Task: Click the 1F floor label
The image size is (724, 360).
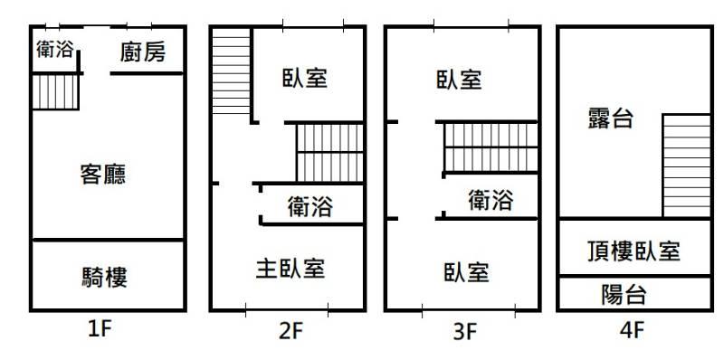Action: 100,329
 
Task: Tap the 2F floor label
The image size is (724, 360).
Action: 291,330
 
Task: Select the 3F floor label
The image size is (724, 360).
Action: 464,331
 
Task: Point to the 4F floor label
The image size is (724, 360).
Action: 632,329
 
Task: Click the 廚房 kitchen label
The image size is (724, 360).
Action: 143,52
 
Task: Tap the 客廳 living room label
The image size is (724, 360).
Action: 102,175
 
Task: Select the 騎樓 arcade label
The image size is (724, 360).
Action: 105,277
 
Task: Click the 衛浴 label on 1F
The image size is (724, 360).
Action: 55,49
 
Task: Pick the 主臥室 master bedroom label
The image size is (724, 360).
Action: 291,268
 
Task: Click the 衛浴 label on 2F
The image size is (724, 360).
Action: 310,206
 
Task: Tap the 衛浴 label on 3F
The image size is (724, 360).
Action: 491,200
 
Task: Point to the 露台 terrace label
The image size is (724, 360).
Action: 610,118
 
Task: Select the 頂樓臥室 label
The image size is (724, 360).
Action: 633,251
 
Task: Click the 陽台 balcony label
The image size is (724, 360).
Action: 624,294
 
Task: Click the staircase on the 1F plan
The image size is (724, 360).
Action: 55,92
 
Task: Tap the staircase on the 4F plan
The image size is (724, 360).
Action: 687,166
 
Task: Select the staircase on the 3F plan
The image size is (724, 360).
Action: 491,147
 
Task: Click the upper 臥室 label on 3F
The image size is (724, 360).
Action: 459,80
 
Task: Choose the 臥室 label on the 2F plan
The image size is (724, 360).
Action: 305,78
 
